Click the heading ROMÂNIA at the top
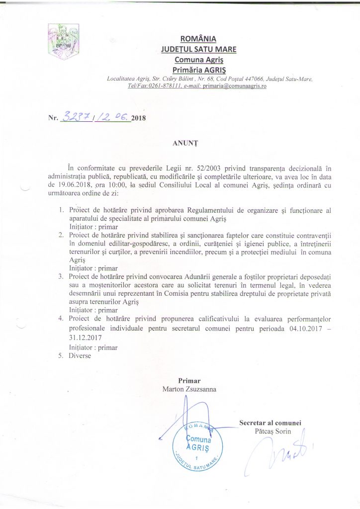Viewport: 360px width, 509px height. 199,39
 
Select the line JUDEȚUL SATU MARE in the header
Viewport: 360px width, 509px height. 199,49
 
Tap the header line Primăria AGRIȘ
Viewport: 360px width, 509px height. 199,69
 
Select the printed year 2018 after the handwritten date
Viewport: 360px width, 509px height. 140,119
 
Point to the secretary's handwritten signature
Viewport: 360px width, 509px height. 278,455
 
